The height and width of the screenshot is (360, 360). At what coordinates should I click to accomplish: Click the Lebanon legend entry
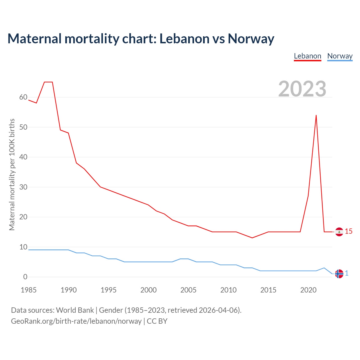point(307,56)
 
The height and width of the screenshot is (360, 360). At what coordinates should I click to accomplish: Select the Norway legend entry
point(340,56)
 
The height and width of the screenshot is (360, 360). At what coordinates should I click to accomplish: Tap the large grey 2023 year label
point(302,89)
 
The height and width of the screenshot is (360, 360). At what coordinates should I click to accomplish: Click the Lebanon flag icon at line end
point(339,232)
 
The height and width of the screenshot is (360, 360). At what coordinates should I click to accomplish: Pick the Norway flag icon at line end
point(339,274)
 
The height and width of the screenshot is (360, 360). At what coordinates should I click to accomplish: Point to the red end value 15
point(348,231)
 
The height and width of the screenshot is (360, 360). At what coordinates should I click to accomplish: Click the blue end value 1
point(347,273)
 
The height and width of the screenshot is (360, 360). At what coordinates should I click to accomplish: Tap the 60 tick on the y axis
point(23,97)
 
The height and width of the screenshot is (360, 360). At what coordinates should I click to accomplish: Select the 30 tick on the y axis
point(23,187)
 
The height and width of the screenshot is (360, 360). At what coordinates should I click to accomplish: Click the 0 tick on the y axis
point(25,277)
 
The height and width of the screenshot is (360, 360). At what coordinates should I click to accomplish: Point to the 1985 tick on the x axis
point(29,290)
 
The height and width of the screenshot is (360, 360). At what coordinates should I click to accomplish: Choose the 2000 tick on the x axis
point(148,290)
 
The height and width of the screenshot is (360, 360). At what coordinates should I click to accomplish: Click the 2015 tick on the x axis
point(268,290)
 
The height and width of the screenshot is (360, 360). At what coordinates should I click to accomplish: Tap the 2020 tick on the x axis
point(308,290)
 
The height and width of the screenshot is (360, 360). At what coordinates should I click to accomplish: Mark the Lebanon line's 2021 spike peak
point(316,115)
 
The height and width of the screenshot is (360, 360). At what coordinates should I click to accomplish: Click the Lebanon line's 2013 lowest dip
point(252,238)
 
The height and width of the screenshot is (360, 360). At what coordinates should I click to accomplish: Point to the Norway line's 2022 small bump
point(324,268)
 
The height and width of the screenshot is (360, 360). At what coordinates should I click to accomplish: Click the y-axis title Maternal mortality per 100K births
point(12,174)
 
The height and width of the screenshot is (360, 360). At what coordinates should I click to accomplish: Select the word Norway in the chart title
point(251,39)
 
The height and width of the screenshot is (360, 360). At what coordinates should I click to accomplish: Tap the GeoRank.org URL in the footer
point(76,321)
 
